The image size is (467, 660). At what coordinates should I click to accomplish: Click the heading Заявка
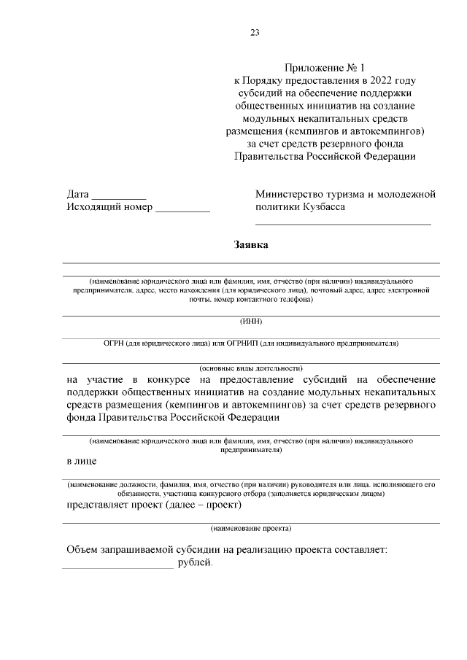251,245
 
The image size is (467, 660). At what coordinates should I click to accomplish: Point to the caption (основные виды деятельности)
251,368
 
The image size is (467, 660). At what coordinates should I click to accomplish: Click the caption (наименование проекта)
251,528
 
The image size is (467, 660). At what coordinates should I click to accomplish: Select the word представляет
101,505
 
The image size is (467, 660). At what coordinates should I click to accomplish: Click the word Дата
78,195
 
